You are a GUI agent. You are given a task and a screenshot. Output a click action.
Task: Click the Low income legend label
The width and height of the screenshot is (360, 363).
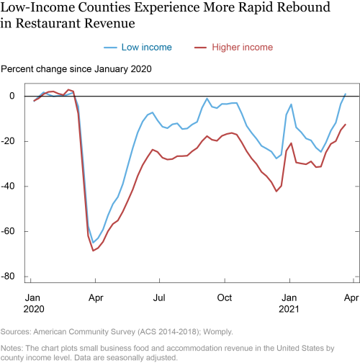147,48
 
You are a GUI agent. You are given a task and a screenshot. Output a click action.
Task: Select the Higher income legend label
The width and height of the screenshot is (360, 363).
243,48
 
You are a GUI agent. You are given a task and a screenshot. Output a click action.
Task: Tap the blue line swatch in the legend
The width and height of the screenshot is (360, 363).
110,48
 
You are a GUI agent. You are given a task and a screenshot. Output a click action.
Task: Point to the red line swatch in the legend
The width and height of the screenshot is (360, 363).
200,48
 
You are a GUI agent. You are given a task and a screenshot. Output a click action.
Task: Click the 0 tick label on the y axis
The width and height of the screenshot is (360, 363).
12,96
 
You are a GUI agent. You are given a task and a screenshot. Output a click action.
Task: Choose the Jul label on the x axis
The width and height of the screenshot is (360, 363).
159,298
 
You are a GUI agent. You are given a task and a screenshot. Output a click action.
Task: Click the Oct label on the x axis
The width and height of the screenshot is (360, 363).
225,298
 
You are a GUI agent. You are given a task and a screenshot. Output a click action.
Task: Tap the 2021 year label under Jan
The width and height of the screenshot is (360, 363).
289,309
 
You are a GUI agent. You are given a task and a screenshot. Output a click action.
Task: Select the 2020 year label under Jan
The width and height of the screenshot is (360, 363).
34,309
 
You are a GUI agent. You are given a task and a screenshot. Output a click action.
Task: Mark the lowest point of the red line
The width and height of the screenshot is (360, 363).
93,251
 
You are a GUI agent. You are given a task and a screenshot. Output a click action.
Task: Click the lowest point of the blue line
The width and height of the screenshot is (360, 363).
93,243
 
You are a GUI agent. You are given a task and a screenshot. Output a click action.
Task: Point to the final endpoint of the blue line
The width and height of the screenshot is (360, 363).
346,94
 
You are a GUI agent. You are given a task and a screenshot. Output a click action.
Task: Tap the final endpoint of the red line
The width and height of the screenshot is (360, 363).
346,125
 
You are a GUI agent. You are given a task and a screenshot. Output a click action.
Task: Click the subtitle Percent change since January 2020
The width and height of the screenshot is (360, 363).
76,69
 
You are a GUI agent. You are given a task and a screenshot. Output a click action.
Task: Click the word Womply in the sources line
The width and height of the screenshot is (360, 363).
218,332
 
